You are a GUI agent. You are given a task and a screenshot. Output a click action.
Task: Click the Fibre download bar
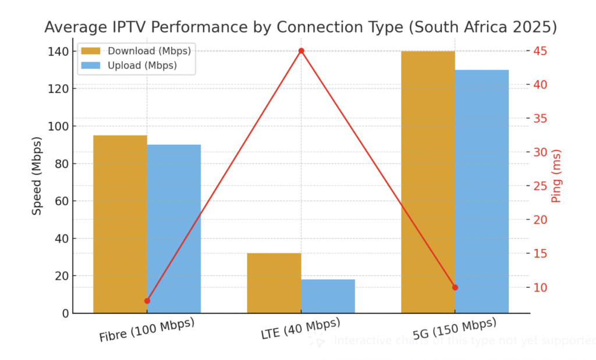pyautogui.click(x=120, y=224)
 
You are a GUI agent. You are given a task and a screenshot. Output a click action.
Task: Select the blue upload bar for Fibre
pyautogui.click(x=173, y=229)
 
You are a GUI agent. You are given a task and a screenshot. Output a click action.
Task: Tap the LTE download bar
pyautogui.click(x=274, y=283)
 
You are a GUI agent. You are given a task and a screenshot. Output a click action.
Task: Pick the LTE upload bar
pyautogui.click(x=328, y=296)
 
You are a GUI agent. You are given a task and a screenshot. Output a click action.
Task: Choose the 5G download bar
pyautogui.click(x=428, y=182)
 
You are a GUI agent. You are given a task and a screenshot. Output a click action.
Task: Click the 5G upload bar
pyautogui.click(x=481, y=191)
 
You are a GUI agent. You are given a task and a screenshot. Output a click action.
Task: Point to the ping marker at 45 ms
pyautogui.click(x=301, y=51)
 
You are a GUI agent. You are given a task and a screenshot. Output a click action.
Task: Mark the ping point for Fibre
pyautogui.click(x=147, y=301)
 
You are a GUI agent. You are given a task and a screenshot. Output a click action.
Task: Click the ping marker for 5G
pyautogui.click(x=455, y=287)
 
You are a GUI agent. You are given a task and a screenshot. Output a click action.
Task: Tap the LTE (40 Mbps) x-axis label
pyautogui.click(x=300, y=330)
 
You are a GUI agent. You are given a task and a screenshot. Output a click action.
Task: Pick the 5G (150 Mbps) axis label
pyautogui.click(x=455, y=329)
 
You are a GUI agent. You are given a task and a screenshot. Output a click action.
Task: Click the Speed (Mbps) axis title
pyautogui.click(x=37, y=176)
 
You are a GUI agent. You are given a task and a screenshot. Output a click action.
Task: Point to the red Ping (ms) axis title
pyautogui.click(x=556, y=176)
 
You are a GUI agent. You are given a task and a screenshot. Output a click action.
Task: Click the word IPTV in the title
pyautogui.click(x=128, y=27)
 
